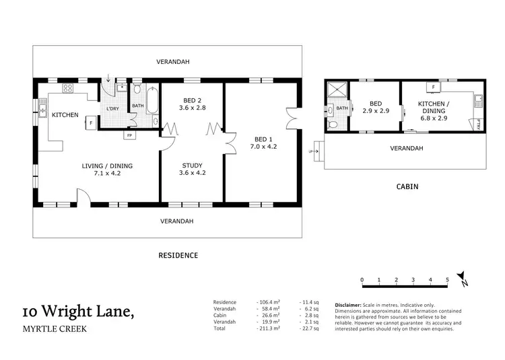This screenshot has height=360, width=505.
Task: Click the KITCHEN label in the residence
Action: pos(65,115)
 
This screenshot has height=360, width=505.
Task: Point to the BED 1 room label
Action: pos(263,141)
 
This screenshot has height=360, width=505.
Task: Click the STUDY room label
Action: pos(193,168)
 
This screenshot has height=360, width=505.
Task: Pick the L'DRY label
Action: pos(112,109)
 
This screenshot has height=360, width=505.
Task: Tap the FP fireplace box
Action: pos(129,135)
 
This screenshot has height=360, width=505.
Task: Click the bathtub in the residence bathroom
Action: pos(152,103)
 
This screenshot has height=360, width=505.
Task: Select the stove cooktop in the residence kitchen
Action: pos(68,89)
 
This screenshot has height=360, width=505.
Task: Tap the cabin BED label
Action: pos(376,108)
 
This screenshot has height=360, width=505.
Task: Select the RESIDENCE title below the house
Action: pos(178,255)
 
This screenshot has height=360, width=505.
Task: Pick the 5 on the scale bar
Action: pos(447,279)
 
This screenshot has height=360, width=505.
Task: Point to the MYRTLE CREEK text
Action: pos(54,330)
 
